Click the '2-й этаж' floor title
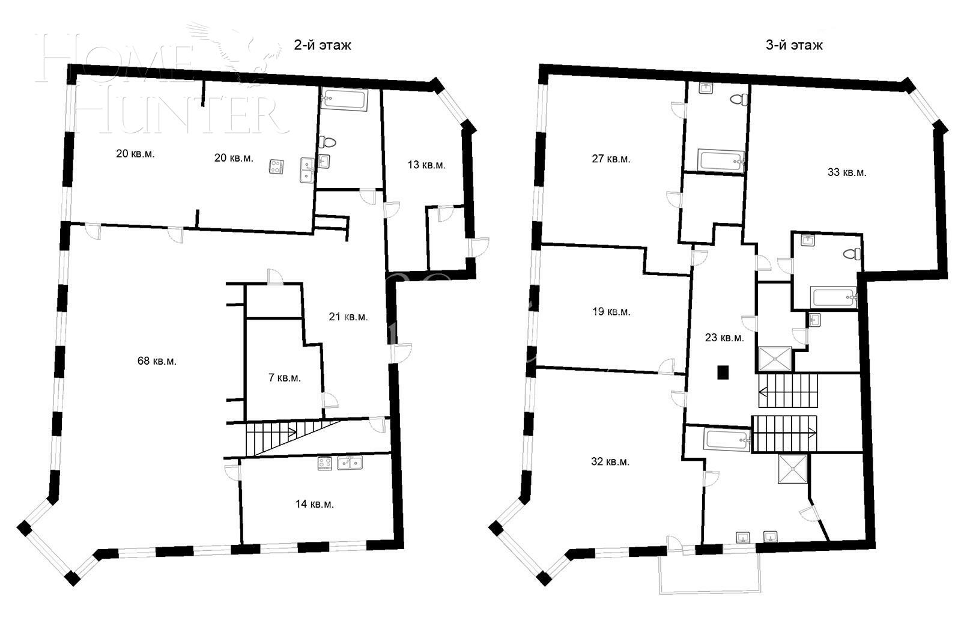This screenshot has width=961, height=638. pos(322,45)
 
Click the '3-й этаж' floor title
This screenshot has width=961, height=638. pos(794,45)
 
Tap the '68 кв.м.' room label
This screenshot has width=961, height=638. pos(157,361)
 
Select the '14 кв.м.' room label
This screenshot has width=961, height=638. pos(314,504)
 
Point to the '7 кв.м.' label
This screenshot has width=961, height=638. pos(284,378)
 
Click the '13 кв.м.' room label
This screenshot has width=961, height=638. pos(426,165)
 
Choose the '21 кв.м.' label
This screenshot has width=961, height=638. pos(348,317)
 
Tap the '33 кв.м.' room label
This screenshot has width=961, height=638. pos(847,172)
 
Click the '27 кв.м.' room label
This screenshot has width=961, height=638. pos(611,159)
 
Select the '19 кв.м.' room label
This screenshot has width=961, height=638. pos(611,312)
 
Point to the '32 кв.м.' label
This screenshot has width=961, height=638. pos(610,462)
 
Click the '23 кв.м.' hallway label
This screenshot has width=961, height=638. pos(724,338)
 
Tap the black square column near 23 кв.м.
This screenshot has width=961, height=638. pos(724,372)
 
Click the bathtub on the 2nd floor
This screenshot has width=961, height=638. pos(344,99)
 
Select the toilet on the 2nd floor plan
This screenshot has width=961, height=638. pos(329,142)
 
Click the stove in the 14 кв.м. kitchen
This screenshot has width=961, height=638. pos(325,463)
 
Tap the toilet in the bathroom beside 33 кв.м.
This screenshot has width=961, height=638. pos(851,254)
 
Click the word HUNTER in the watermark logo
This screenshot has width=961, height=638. pos(180,114)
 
